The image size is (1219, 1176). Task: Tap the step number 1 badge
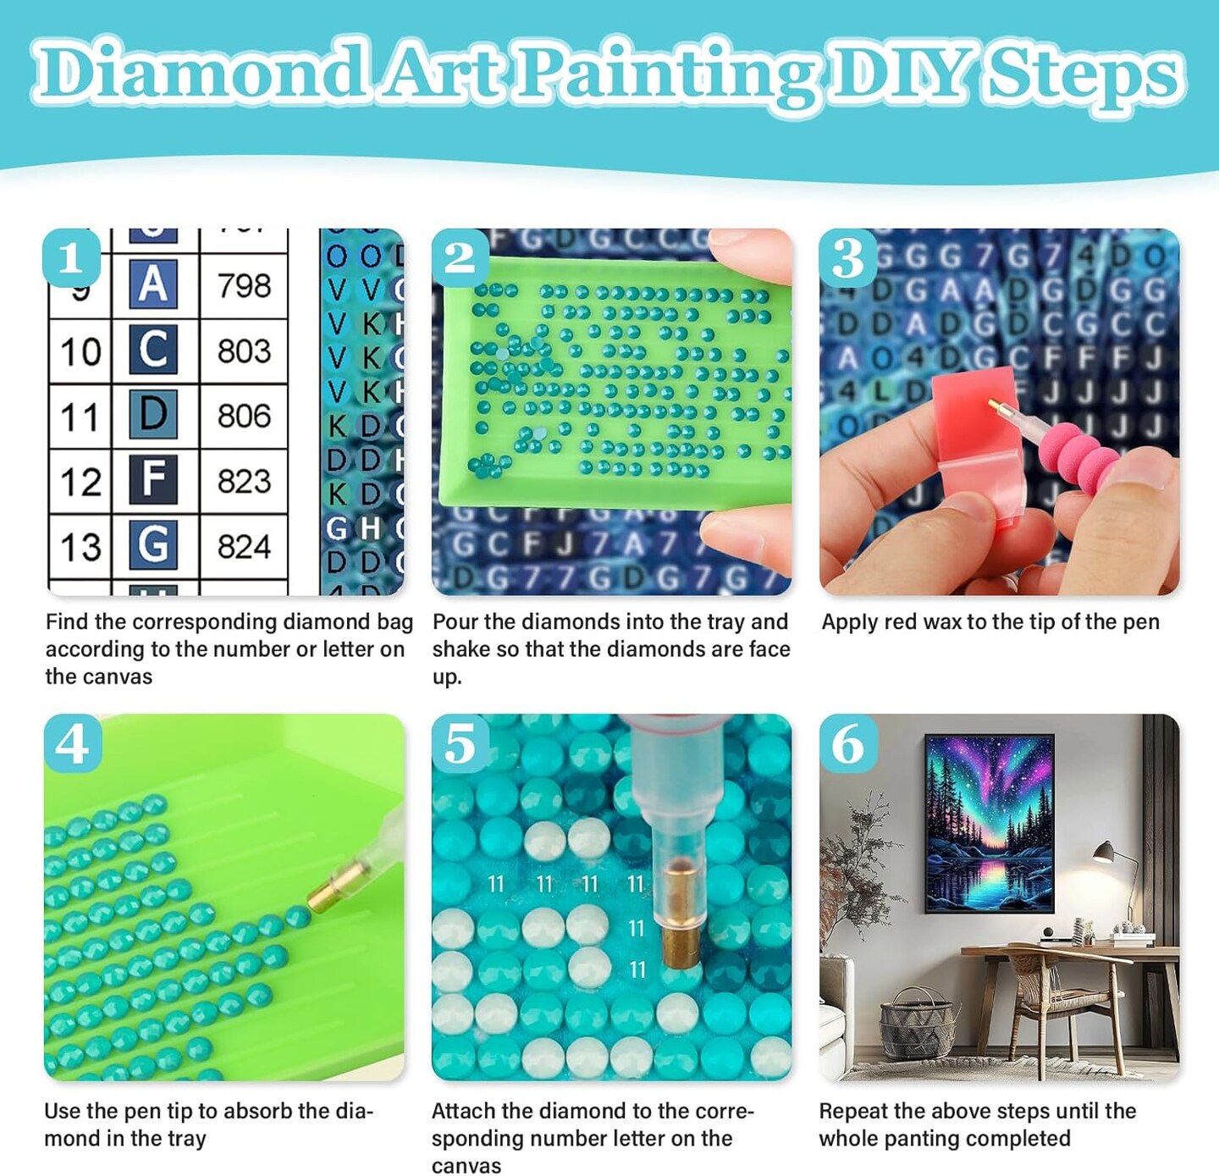point(71,257)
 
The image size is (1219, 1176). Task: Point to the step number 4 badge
point(72,743)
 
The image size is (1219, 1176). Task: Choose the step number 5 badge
point(460,743)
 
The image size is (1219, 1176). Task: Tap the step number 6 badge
point(847,743)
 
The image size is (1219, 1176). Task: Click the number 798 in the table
point(244,286)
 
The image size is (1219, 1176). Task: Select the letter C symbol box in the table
point(153,349)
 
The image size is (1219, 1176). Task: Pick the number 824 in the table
point(244,547)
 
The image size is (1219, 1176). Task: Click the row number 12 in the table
point(80,482)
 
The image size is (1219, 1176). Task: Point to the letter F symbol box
point(153,479)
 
